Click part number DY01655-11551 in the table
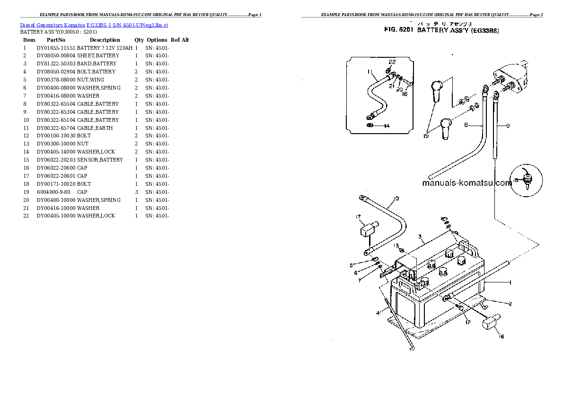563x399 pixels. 56,48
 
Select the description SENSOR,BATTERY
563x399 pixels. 100,160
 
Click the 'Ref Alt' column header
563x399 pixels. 180,40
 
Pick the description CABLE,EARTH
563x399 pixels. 96,128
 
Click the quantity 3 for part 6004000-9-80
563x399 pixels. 136,192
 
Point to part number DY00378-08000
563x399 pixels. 56,80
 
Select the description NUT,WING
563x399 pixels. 90,80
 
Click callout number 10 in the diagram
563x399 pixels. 396,199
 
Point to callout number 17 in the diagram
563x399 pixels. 358,217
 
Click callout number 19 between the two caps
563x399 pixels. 426,136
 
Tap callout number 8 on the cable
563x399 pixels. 466,125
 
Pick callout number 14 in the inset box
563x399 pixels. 387,126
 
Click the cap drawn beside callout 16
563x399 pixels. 489,322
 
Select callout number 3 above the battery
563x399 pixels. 419,236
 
